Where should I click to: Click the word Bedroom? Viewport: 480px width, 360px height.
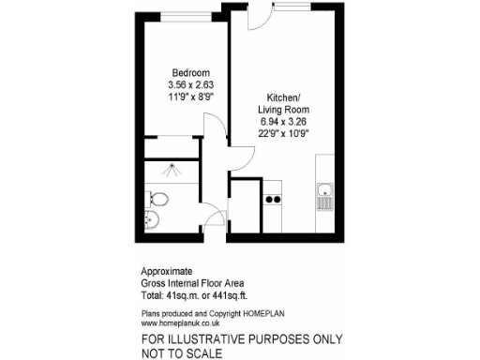pos(189,73)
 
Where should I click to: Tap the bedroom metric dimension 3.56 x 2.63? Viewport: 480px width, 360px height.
pos(189,85)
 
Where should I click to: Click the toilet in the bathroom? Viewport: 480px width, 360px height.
pos(157,198)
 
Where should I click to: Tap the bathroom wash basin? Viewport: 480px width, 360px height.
pos(152,221)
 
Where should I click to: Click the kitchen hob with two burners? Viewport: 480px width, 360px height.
pos(274,198)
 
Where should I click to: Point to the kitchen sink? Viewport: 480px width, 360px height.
pos(324,196)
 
